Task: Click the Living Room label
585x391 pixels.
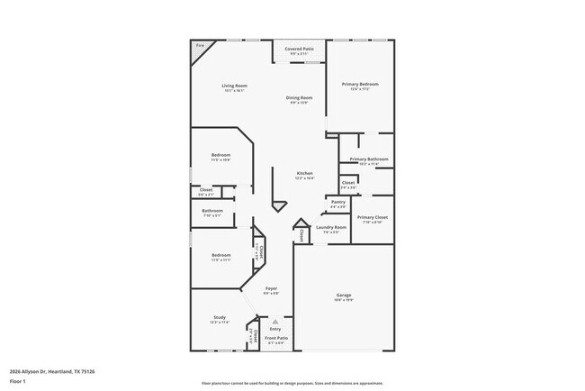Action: point(233,86)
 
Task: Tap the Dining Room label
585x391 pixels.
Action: point(300,97)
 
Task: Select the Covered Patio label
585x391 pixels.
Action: point(299,49)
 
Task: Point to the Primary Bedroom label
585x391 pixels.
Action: point(359,85)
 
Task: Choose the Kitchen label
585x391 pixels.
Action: point(304,173)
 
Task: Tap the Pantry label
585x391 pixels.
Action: point(338,202)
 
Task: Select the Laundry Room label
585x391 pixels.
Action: point(331,227)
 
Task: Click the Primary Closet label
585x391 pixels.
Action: point(372,217)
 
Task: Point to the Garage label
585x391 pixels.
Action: point(344,296)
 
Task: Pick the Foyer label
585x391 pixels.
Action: point(270,288)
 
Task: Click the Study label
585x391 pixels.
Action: point(220,317)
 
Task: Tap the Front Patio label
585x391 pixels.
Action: point(275,339)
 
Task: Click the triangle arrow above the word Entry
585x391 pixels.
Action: point(275,322)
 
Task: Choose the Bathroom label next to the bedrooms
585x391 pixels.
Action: point(212,211)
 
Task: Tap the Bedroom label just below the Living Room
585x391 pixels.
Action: point(221,155)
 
